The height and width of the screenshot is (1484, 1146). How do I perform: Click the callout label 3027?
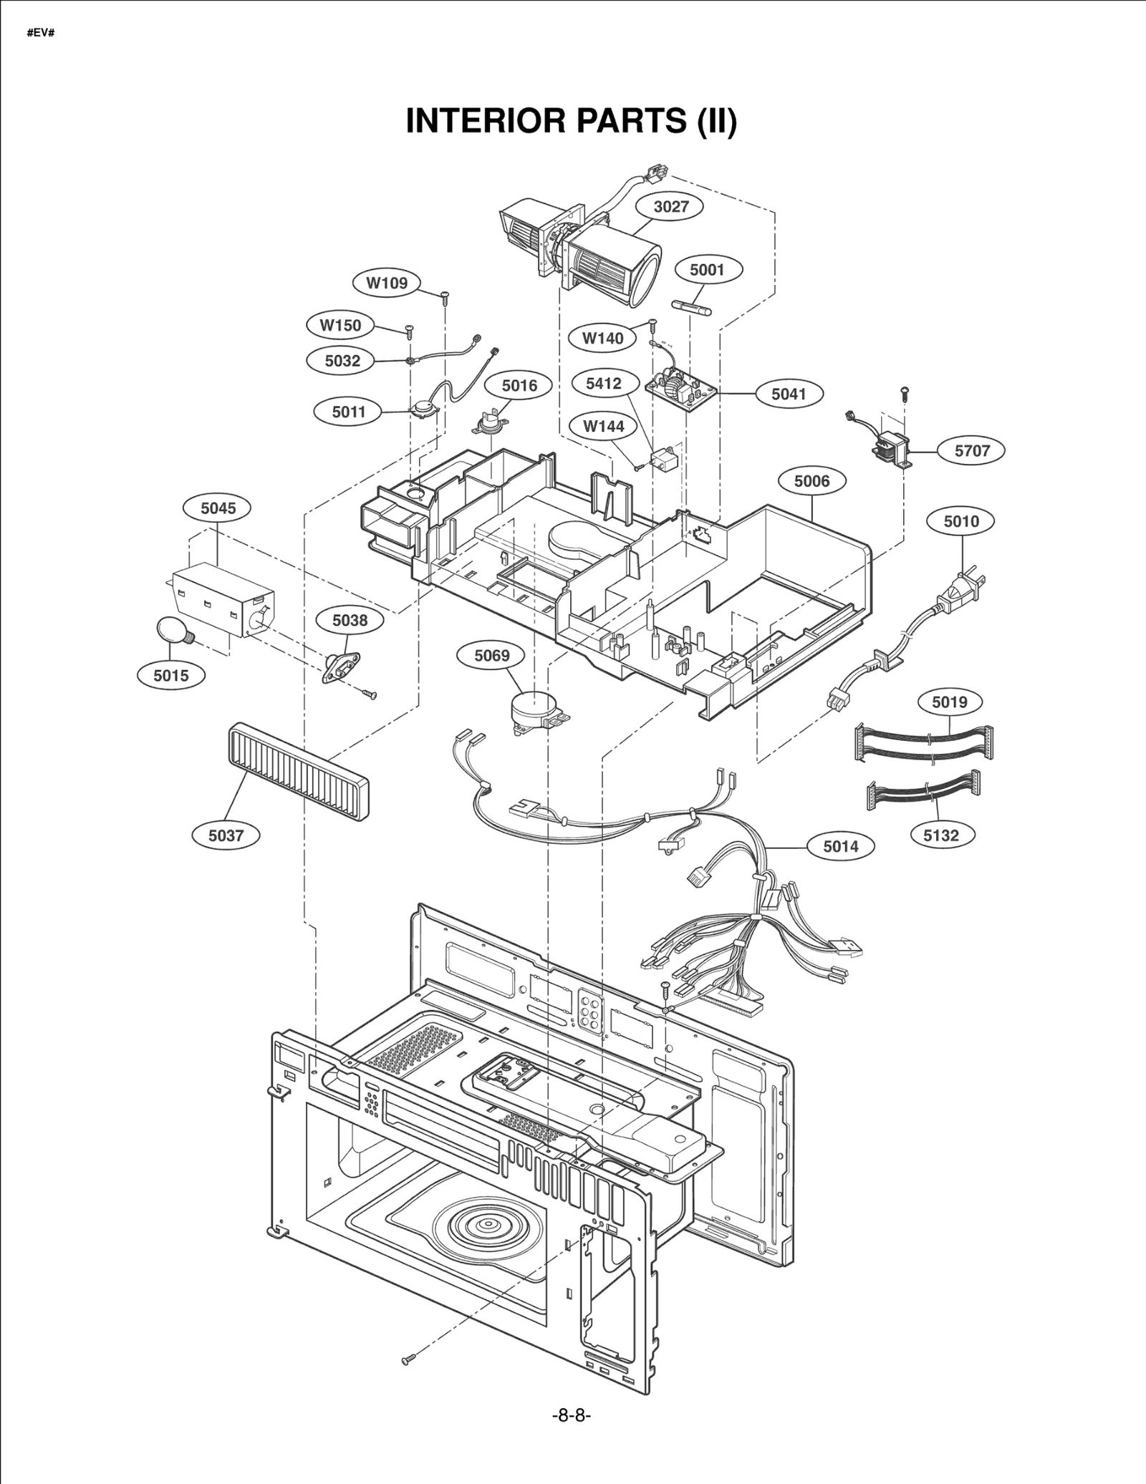tap(670, 207)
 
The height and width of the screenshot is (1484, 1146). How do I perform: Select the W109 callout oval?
tap(387, 283)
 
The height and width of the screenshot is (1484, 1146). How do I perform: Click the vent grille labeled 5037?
tap(298, 771)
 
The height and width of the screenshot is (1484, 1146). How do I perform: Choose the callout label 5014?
tap(840, 846)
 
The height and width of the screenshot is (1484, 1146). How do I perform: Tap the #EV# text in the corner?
tap(41, 34)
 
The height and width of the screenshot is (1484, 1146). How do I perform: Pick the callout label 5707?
tap(971, 450)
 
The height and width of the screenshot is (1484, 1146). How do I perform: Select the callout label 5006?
tap(812, 481)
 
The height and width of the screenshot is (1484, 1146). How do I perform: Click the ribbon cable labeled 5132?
tap(923, 793)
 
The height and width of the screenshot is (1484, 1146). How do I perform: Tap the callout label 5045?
tap(218, 508)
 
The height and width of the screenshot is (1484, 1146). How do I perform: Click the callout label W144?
tap(603, 427)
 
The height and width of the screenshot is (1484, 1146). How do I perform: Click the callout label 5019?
tap(949, 702)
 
